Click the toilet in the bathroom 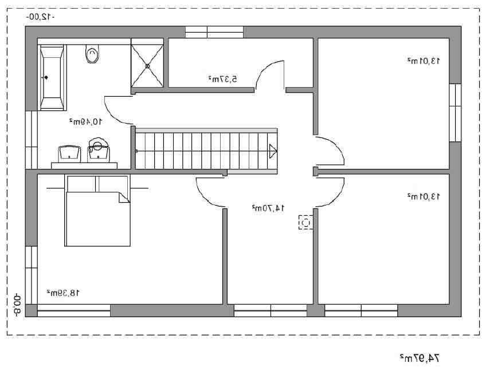tap(92, 54)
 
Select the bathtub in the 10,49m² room tap(52, 77)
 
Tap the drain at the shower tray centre tap(147, 66)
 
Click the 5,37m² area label tap(222, 79)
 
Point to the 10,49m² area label tap(85, 122)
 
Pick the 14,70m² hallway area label tap(268, 208)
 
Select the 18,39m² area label tap(63, 293)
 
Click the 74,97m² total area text tap(420, 358)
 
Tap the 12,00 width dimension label tap(40, 17)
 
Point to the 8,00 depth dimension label tap(17, 305)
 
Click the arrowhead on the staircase tap(273, 151)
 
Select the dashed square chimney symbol tap(305, 222)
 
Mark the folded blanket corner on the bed tap(124, 198)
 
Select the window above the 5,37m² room tap(214, 32)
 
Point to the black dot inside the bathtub tap(46, 77)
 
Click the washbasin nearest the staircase tap(98, 151)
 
